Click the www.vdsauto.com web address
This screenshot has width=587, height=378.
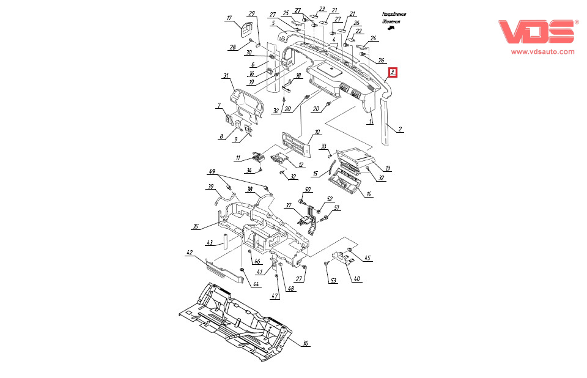[542, 52]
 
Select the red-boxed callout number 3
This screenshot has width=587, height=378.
[393, 72]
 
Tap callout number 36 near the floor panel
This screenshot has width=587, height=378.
[305, 343]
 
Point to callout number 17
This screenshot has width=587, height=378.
[230, 18]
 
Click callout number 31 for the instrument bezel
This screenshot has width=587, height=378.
[226, 76]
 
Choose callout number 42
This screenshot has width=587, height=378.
[190, 252]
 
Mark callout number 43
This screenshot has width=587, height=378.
[210, 242]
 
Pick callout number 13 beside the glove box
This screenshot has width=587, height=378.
[388, 168]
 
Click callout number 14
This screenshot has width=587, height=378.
[369, 194]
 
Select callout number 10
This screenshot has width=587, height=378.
[317, 132]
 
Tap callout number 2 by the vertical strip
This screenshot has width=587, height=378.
[400, 130]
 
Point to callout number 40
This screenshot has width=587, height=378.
[357, 279]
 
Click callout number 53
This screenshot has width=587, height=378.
[333, 281]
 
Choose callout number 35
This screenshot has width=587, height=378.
[196, 226]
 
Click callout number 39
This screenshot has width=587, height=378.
[210, 187]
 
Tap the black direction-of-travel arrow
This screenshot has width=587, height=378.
[391, 28]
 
